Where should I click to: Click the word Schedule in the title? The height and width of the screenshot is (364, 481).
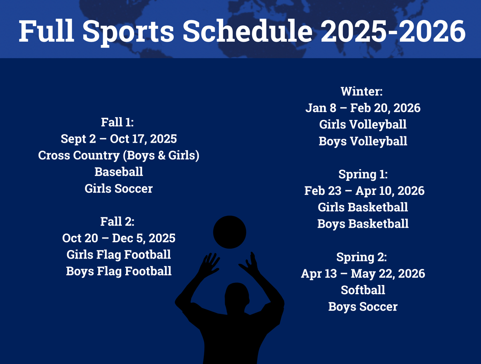click(x=248, y=31)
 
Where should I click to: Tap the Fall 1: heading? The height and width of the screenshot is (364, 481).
click(x=117, y=122)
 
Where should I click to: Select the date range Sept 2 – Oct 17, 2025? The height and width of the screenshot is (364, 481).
click(x=119, y=139)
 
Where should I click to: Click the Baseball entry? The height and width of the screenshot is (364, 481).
click(x=119, y=172)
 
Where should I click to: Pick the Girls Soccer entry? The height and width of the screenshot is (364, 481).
click(x=119, y=188)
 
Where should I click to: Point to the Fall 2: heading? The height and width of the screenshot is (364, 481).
click(x=117, y=221)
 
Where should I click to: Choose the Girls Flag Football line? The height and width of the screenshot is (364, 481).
click(x=119, y=255)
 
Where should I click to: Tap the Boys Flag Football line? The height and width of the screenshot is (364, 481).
click(x=119, y=271)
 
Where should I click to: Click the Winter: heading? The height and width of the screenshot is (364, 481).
click(x=362, y=91)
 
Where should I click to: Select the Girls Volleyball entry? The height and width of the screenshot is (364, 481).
click(x=363, y=125)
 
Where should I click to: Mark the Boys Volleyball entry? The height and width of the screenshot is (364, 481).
click(x=363, y=141)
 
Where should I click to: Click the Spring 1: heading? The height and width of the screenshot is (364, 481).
click(x=363, y=174)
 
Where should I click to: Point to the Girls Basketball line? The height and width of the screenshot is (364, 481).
click(x=363, y=207)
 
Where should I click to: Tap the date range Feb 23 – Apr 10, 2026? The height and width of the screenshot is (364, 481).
click(x=364, y=191)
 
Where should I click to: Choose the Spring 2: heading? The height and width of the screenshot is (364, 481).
click(x=362, y=257)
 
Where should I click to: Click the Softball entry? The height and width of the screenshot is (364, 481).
click(x=363, y=290)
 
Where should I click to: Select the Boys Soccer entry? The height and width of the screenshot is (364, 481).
click(x=363, y=307)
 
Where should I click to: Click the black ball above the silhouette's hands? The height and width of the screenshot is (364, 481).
click(x=229, y=232)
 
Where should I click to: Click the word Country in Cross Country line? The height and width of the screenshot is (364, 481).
click(x=97, y=156)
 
